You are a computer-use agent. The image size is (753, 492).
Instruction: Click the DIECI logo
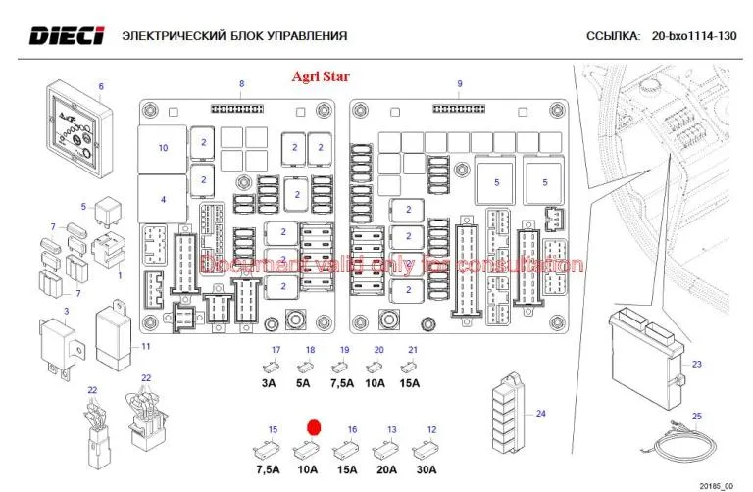coord(66,36)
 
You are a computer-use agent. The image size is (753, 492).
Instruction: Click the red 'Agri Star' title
coord(321,75)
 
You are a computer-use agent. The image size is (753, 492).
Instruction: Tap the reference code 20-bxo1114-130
coord(693,37)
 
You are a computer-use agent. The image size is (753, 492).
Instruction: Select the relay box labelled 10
coord(163,148)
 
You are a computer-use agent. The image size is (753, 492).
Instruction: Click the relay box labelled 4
coord(163,199)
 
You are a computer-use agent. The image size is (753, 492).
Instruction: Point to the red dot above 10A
coord(314,428)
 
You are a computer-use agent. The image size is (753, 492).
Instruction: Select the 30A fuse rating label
coord(426,469)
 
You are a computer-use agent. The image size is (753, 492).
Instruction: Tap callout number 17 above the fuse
coord(276,350)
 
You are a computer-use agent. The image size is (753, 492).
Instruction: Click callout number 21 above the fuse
coord(413,350)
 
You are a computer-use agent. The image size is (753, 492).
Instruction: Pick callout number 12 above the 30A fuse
coord(430,429)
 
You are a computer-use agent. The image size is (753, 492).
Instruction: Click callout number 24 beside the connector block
coord(539,413)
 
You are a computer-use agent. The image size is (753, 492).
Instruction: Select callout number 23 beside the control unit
coord(697,365)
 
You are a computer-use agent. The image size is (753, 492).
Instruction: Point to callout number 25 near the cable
coord(697,417)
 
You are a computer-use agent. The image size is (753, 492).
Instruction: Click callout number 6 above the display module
coord(100,86)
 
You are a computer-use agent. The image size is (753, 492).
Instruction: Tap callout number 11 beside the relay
coord(145,347)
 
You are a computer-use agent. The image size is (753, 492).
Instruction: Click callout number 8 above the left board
coord(242,83)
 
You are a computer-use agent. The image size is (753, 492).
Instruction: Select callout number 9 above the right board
coord(459,83)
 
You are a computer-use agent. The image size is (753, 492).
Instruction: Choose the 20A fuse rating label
coord(387,469)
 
